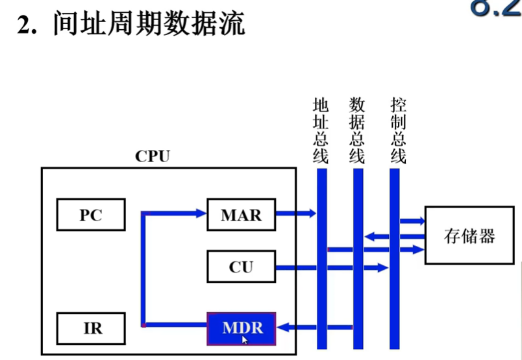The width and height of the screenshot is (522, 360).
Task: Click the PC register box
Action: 90,215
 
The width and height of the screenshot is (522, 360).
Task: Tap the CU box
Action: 241,267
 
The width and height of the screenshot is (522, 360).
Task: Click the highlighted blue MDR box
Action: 241,328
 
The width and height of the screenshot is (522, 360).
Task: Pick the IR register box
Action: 90,328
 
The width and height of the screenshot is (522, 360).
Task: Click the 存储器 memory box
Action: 469,235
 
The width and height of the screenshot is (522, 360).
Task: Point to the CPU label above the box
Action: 152,156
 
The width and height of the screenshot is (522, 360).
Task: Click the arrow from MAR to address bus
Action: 295,213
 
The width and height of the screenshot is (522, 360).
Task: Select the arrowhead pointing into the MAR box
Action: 200,212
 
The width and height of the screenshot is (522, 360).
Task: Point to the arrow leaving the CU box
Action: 325,267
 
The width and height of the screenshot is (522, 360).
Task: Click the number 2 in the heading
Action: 25,26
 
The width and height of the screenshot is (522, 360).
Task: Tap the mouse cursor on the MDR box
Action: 245,339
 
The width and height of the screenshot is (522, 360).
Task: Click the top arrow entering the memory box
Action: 413,221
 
